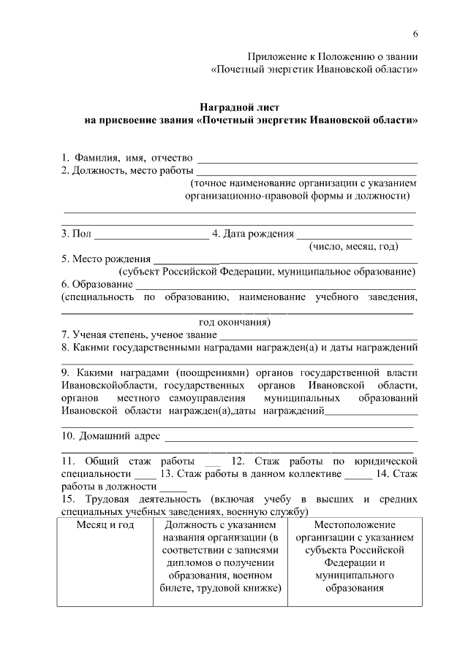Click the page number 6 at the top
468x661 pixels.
(x=415, y=35)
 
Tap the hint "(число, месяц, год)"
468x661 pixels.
(x=354, y=247)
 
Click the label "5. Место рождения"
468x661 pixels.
(x=106, y=259)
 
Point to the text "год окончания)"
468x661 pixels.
(x=235, y=321)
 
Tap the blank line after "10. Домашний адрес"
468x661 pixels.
(x=292, y=439)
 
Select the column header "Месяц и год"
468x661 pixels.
(x=105, y=525)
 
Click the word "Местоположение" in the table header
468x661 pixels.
(x=355, y=525)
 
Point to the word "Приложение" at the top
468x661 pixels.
(x=275, y=56)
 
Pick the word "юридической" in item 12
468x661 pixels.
(x=385, y=462)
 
